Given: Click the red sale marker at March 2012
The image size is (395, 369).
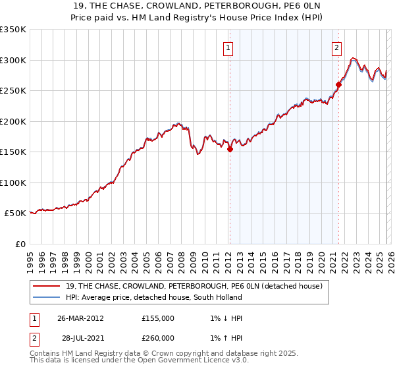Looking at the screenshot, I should click(230, 150).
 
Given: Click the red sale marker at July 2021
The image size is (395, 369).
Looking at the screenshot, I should click(338, 84).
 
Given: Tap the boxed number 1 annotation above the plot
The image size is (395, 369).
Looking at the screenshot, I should click(228, 47).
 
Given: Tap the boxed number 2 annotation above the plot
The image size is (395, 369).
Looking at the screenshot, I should click(336, 47).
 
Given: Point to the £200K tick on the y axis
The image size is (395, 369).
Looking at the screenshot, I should click(13, 121).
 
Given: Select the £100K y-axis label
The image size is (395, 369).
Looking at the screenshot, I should click(13, 183).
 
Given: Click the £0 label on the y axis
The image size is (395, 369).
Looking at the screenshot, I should click(20, 244).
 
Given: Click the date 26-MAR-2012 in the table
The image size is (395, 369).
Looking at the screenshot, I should click(80, 318).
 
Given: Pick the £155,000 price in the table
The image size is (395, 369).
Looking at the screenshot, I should click(158, 318).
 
